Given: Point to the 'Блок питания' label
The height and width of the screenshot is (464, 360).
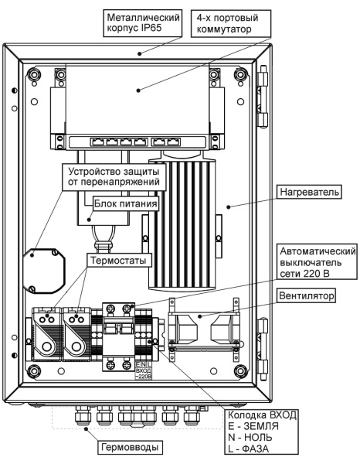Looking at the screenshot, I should [x=127, y=204].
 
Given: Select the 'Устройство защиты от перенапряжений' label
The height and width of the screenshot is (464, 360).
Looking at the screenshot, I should [x=114, y=175].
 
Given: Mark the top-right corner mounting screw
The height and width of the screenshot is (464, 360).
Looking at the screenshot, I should [x=241, y=77].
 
